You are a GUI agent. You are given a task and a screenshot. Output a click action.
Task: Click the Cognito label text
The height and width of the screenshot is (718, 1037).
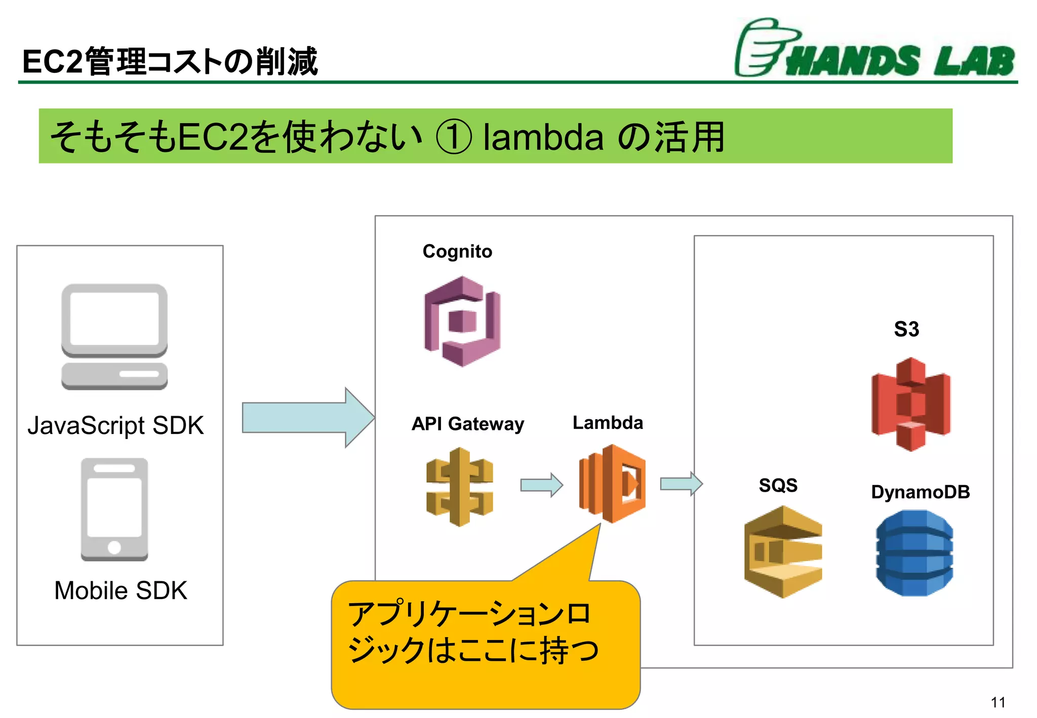[x=457, y=251]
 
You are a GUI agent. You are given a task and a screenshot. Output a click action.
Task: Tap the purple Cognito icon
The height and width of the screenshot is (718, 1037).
[x=462, y=321]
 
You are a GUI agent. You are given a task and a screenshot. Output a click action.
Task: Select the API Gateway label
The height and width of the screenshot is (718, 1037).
[x=467, y=423]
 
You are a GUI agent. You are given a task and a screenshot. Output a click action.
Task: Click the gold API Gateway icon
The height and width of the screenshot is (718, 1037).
[x=459, y=487]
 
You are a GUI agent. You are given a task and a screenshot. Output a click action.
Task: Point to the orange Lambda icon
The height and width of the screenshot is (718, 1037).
[x=612, y=483]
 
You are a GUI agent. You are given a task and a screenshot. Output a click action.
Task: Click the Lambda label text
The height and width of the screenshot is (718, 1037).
[x=608, y=422]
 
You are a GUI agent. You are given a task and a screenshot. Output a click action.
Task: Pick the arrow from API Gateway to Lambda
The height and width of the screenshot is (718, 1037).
[x=541, y=485]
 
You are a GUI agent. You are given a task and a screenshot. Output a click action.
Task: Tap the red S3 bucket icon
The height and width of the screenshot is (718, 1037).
[x=910, y=404]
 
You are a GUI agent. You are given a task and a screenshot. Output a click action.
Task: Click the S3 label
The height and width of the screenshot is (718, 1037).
[x=906, y=329]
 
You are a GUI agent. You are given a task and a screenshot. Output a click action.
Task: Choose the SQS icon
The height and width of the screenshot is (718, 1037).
[x=783, y=551]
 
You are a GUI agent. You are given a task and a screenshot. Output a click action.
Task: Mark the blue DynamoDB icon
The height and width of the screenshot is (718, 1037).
[x=914, y=552]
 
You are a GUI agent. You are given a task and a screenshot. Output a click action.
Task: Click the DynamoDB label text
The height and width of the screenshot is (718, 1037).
[x=920, y=492]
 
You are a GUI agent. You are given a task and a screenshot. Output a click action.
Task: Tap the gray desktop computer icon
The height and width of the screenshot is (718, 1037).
[x=114, y=336]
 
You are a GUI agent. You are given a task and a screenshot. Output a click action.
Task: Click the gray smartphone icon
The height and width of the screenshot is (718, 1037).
[x=114, y=509]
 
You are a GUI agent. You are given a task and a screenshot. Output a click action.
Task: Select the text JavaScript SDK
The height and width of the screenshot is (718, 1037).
[x=115, y=425]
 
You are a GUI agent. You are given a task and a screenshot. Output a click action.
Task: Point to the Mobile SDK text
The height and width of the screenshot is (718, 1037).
[x=121, y=590]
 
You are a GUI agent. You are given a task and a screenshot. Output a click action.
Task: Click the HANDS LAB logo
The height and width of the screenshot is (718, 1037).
[x=874, y=50]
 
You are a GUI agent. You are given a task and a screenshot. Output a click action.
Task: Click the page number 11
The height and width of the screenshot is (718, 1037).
[x=998, y=702]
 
